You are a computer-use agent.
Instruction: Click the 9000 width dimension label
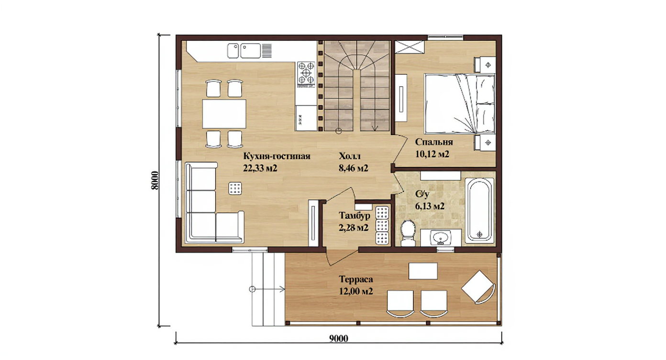pos(338,338)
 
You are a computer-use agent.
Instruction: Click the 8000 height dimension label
pos(155,180)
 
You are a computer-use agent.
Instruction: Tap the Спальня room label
pos(434,142)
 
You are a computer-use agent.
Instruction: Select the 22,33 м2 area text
pos(260,168)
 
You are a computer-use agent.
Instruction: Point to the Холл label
pos(350,156)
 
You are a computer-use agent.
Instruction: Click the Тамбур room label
pos(355,215)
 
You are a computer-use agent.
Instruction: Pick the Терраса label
pos(356,280)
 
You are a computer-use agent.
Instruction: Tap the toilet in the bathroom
pos(408,233)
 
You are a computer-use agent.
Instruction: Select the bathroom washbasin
pos(441,238)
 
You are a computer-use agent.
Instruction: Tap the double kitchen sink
pos(244,51)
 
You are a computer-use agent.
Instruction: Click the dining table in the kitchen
pos(224,114)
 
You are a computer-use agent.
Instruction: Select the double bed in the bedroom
pos(460,104)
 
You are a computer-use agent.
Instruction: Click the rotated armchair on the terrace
pos(478,287)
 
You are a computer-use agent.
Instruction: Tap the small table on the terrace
pos(423,271)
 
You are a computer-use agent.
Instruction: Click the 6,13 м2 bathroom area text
pos(430,206)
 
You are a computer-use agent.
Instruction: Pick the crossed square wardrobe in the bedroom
pos(410,47)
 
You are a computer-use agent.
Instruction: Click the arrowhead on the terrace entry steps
pos(282,289)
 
